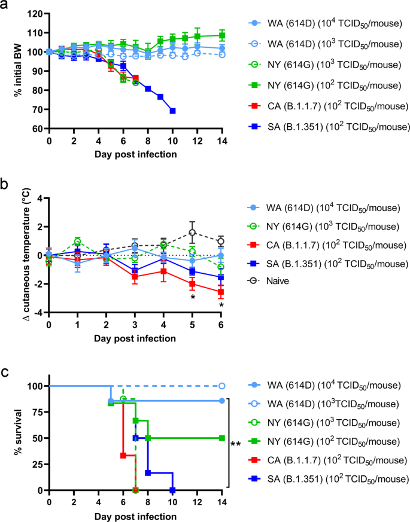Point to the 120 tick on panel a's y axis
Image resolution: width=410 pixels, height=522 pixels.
(x=37, y=13)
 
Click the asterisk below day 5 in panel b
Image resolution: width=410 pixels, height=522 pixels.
(x=193, y=297)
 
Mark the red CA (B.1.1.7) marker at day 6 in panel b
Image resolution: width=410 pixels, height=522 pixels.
(x=221, y=292)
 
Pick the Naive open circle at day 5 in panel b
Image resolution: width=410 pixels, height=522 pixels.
(x=193, y=233)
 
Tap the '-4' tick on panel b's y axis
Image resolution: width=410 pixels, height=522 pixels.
(x=38, y=313)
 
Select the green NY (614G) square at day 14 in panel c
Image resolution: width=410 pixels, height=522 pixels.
(x=221, y=438)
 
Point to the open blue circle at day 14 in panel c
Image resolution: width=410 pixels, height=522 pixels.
(x=221, y=386)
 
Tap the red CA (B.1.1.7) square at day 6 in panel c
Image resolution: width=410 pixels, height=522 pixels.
(x=123, y=456)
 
